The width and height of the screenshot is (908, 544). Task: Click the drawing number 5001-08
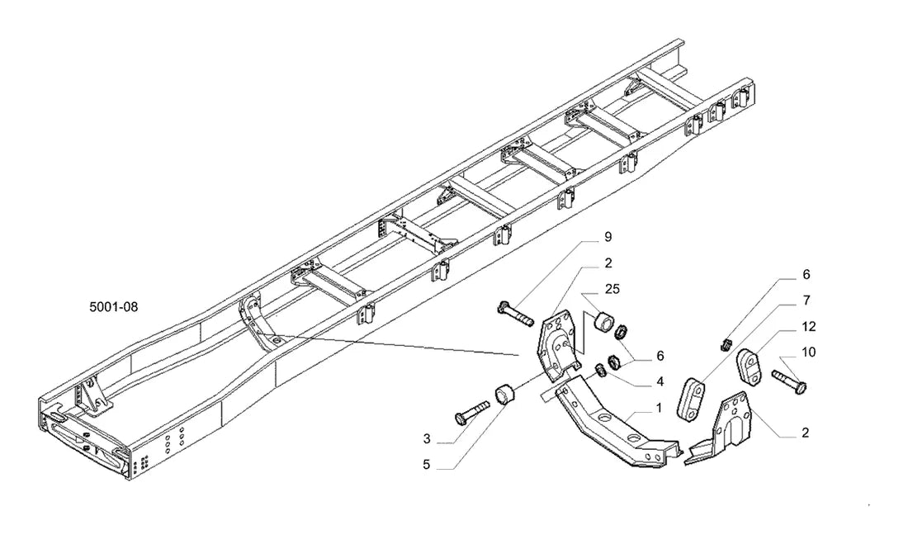click(114, 307)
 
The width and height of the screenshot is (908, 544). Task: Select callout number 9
click(608, 236)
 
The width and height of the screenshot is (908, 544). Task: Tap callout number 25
click(612, 289)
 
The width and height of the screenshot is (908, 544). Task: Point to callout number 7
click(806, 300)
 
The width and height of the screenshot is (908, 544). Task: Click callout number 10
click(808, 352)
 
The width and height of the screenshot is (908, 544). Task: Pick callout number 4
click(660, 381)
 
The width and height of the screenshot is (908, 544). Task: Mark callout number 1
click(659, 409)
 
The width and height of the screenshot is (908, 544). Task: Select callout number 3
click(427, 439)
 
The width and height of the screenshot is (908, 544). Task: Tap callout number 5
click(427, 465)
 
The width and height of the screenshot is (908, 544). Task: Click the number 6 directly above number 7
click(806, 275)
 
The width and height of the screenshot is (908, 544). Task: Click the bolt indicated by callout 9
click(515, 314)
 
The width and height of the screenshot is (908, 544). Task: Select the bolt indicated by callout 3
click(472, 413)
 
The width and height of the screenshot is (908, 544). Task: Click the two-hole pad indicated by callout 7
click(691, 400)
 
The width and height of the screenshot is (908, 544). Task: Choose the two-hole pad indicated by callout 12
click(751, 363)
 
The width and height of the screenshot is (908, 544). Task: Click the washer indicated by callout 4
click(601, 370)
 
